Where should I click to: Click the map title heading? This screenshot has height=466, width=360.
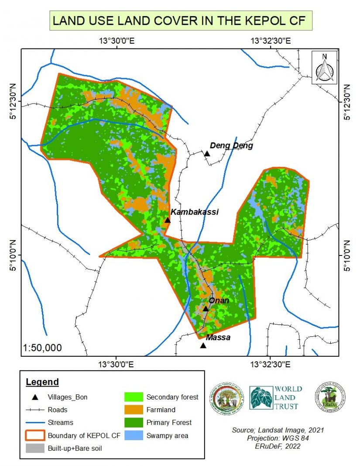(x=180, y=20)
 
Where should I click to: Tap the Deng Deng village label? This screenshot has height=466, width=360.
(x=231, y=145)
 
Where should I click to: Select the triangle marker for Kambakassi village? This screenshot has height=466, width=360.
(x=167, y=220)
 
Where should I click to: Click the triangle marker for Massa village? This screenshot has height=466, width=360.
(x=203, y=345)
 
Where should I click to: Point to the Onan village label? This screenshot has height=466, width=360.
(x=219, y=300)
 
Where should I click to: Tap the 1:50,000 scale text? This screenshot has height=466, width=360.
(x=42, y=348)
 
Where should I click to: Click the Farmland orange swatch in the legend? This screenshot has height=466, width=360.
(x=134, y=410)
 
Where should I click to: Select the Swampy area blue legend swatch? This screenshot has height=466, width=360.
(x=134, y=435)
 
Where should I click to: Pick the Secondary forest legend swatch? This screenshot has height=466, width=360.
(x=134, y=397)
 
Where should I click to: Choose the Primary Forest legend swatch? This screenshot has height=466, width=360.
(x=134, y=422)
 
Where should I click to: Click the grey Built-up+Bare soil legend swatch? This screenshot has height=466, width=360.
(x=35, y=448)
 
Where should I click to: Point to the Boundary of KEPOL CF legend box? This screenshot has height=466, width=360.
(x=35, y=435)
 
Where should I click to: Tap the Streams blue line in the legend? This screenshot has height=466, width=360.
(x=35, y=422)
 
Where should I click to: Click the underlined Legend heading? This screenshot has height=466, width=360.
(x=42, y=382)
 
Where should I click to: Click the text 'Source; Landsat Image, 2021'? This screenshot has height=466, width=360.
(x=278, y=430)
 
